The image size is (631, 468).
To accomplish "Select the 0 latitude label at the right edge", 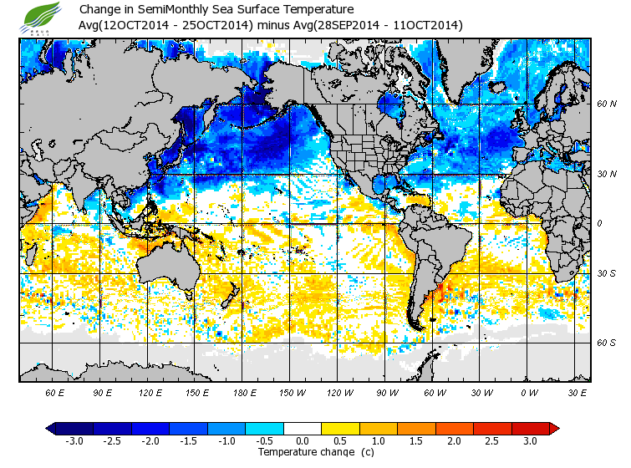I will pos(600,223).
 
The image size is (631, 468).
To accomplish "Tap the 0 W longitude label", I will pos(527,392).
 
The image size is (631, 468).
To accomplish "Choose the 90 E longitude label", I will pos(102,392).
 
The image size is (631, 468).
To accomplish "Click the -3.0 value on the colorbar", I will pos(75,440).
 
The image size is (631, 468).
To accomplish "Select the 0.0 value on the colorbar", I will pos(302,440).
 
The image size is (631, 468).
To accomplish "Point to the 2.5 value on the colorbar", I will pos(491,440).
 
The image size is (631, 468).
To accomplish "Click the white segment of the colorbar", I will pos(303,428).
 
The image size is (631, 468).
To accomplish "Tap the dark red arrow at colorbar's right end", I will pos(554,428).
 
